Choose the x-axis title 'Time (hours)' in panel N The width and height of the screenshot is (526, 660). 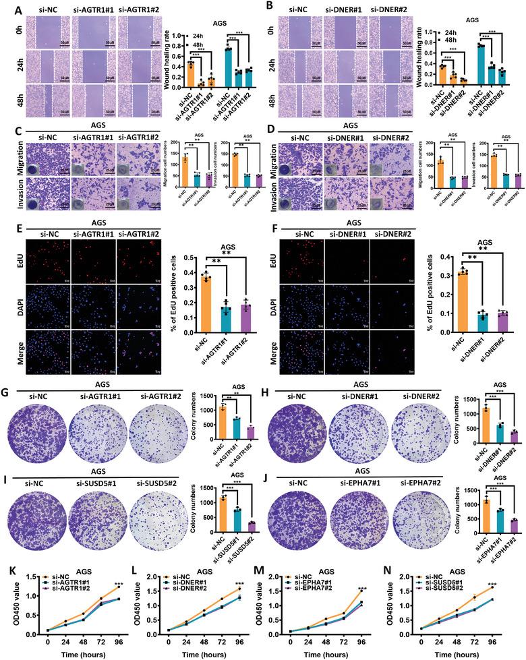pyautogui.click(x=459, y=652)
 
